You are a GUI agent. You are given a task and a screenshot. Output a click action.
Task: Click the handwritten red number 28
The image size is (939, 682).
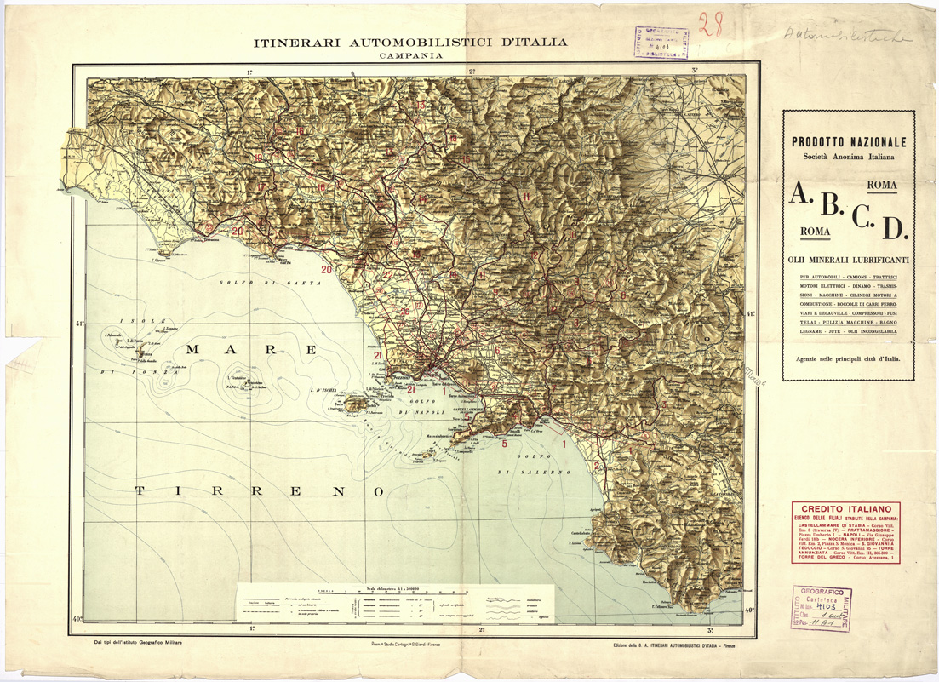click(709, 25)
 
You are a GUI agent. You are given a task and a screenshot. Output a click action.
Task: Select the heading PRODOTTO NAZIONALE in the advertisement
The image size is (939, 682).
click(848, 142)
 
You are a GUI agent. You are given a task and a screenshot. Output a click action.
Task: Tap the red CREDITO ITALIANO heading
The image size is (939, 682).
click(845, 509)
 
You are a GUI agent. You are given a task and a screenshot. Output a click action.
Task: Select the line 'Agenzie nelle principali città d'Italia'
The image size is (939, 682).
click(848, 359)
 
